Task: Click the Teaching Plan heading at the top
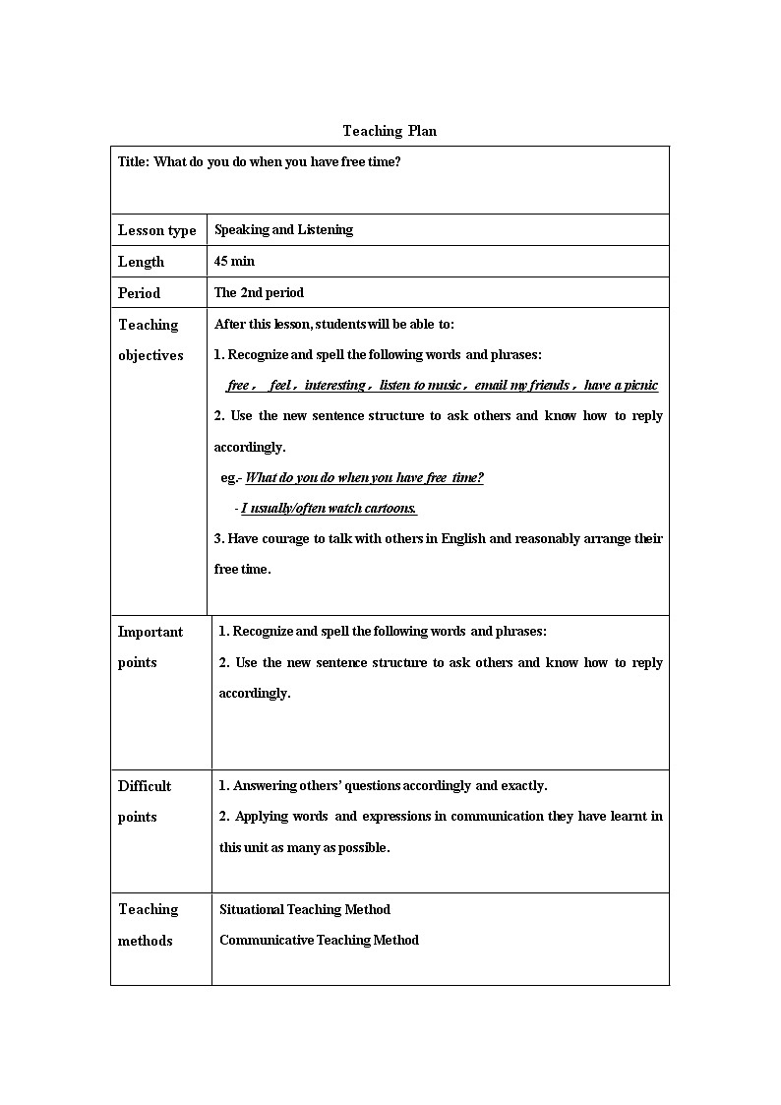pos(390,131)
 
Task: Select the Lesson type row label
pos(156,230)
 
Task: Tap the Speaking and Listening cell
pos(283,230)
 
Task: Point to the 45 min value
pos(234,262)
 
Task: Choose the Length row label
pos(141,262)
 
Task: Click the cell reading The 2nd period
pos(259,293)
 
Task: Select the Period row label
pos(139,293)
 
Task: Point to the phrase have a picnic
pos(621,386)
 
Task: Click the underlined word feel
pos(280,386)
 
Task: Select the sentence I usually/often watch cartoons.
pos(329,509)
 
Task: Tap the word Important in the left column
pos(150,632)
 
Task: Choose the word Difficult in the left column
pos(145,786)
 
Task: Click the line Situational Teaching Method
pos(304,909)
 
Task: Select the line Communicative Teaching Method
pos(319,941)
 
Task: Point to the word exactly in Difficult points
pos(522,786)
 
